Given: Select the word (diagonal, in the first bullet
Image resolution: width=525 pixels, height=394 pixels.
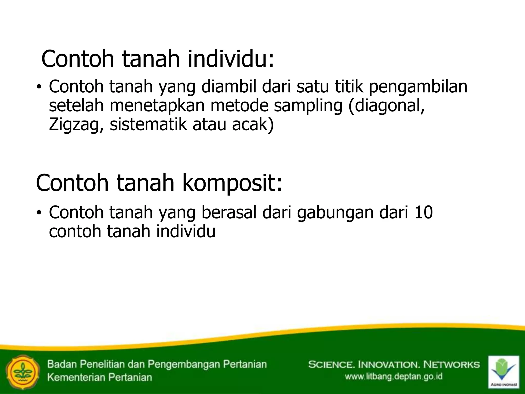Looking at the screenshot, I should pyautogui.click(x=386, y=106).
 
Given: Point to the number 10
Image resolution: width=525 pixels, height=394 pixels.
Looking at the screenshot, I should pyautogui.click(x=423, y=212).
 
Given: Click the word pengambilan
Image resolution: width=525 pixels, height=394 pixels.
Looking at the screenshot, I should pyautogui.click(x=418, y=87).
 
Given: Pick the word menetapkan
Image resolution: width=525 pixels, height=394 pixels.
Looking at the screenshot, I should pyautogui.click(x=157, y=106).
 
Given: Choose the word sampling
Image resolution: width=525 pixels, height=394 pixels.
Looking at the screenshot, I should pyautogui.click(x=308, y=106).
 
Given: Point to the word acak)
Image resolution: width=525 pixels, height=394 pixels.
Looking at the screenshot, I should pyautogui.click(x=253, y=125).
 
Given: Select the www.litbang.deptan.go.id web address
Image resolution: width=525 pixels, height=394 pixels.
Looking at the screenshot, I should pyautogui.click(x=393, y=377).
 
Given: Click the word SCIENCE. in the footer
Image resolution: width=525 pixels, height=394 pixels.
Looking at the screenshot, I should pyautogui.click(x=330, y=365).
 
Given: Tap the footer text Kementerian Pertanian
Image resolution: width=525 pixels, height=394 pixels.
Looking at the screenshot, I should pyautogui.click(x=100, y=377).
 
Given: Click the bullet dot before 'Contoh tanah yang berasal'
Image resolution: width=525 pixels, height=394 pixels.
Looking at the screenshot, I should pyautogui.click(x=38, y=212).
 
